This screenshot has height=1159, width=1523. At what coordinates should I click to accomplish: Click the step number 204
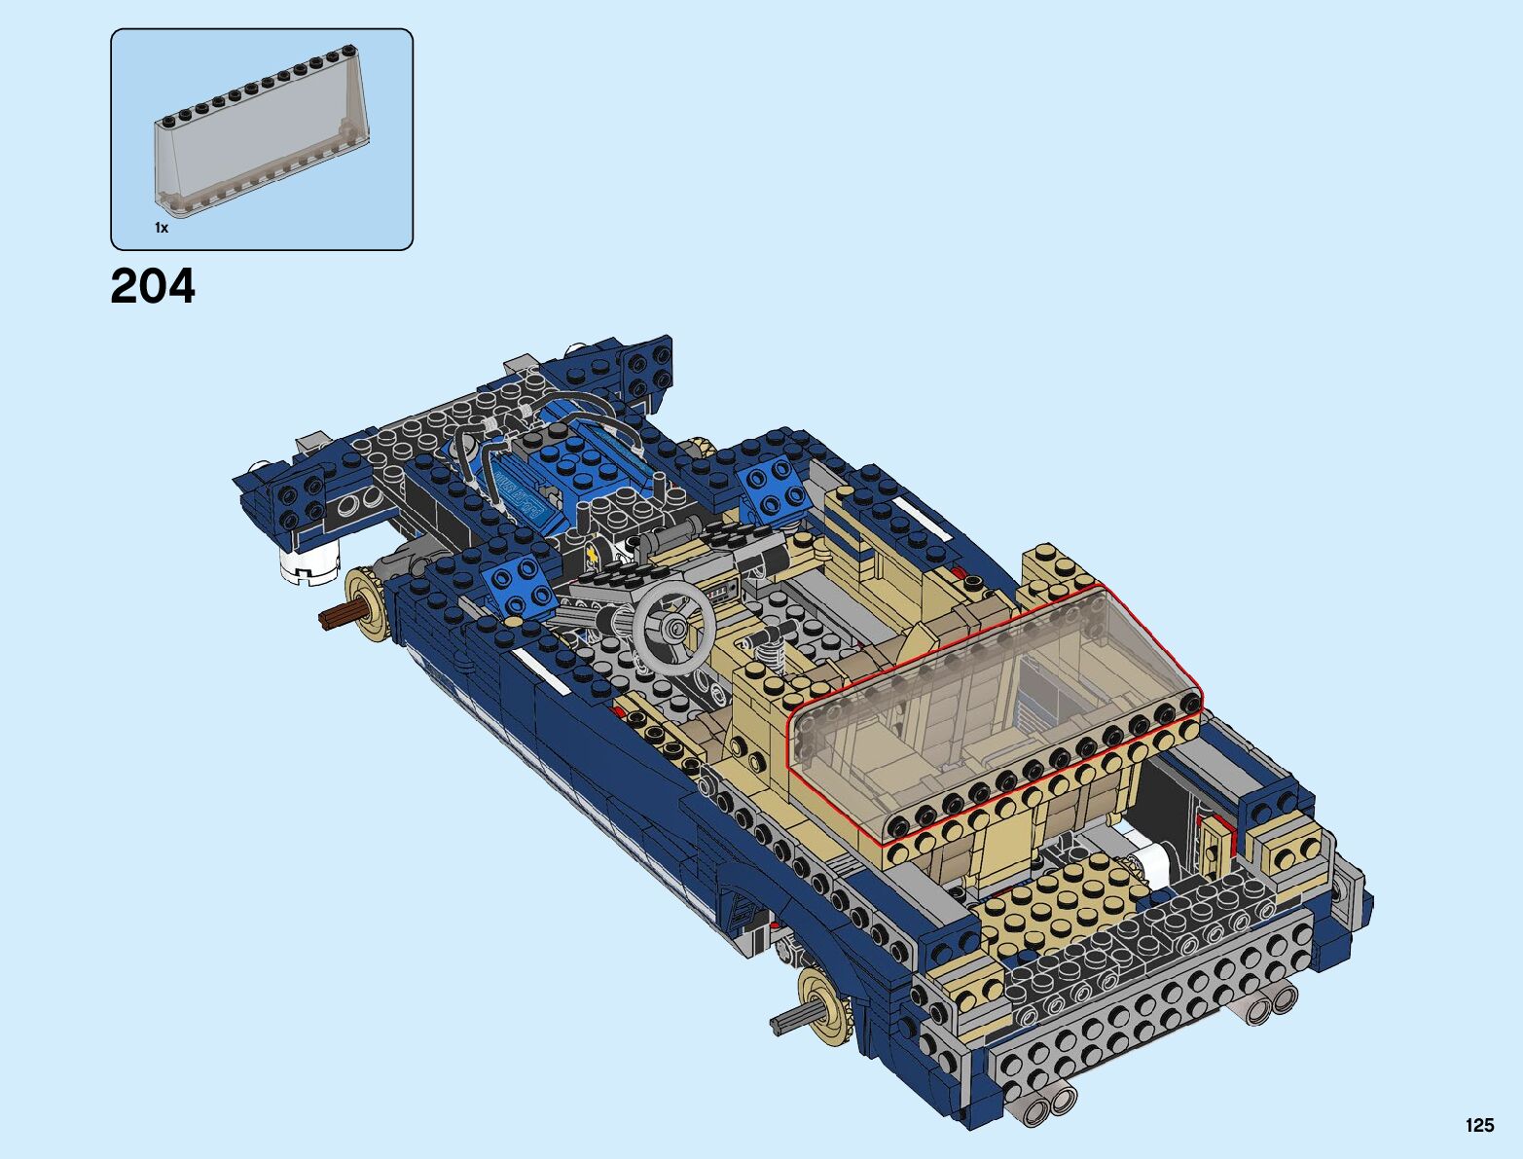153,286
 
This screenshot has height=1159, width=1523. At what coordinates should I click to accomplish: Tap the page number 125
1479,1125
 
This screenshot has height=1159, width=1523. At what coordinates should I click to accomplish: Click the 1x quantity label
162,228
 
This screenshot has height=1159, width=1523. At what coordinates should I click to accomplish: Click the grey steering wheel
673,631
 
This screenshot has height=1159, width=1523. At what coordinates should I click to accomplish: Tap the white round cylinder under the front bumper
309,561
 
